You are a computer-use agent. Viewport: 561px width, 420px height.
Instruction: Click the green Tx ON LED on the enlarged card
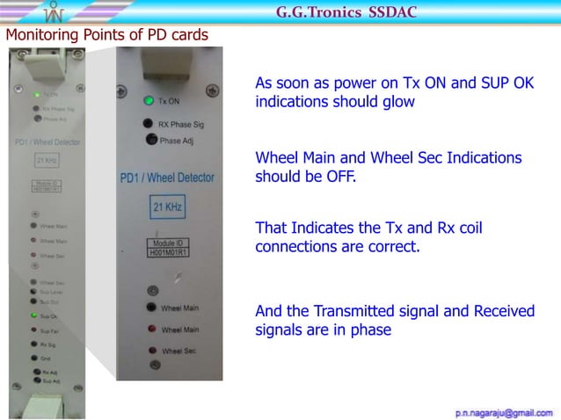pyautogui.click(x=150, y=100)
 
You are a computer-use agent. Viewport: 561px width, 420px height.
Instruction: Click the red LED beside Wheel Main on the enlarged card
pyautogui.click(x=151, y=329)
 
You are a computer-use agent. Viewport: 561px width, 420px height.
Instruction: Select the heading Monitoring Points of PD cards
pyautogui.click(x=107, y=35)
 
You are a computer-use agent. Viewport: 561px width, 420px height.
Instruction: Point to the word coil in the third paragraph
pyautogui.click(x=469, y=229)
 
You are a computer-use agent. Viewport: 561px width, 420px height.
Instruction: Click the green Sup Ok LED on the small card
pyautogui.click(x=33, y=314)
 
